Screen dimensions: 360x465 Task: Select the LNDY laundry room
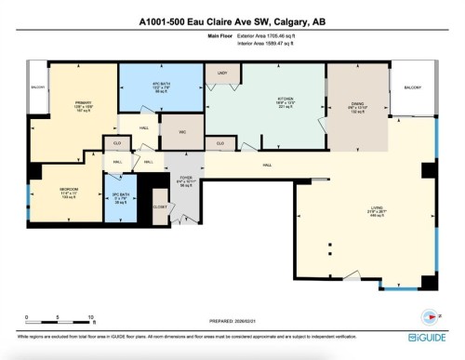(x=222, y=73)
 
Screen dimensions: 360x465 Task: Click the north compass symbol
(x=429, y=313)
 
